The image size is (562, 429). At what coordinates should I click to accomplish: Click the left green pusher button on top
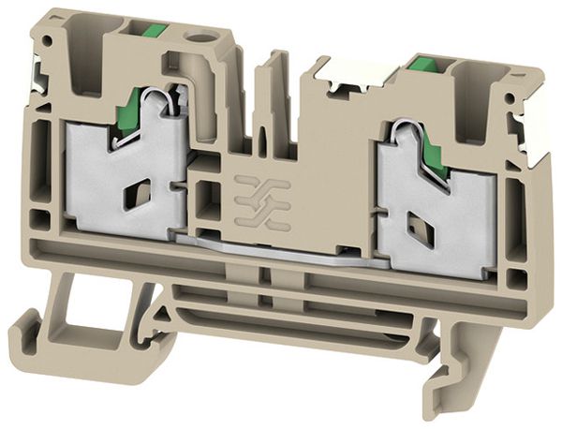click(153, 33)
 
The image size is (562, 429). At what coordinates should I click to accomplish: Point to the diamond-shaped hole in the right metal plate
click(411, 226)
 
